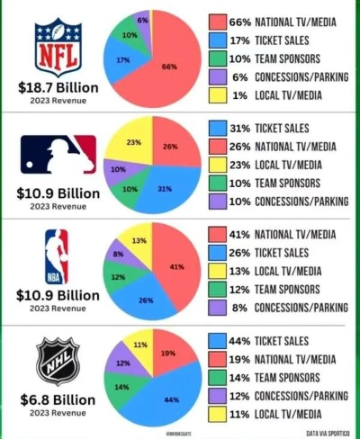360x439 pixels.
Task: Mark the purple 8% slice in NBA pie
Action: coord(120,255)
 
